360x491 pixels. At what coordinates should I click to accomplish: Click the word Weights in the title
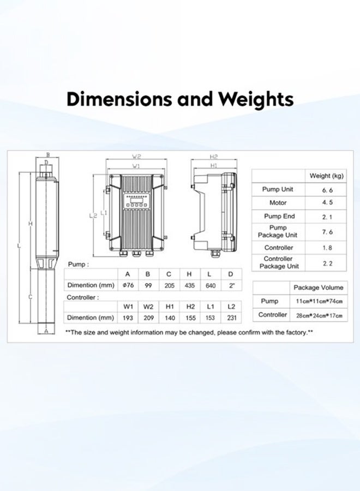click(256, 99)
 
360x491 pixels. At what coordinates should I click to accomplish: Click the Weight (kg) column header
click(327, 176)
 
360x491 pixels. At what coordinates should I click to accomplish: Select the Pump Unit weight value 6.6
click(327, 189)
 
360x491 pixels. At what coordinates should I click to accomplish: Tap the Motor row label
click(278, 203)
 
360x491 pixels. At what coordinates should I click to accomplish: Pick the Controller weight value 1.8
click(327, 247)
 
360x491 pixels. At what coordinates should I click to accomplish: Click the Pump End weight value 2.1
click(327, 217)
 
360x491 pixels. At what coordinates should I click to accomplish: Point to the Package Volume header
click(319, 287)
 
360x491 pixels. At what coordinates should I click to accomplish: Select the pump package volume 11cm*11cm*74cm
click(319, 301)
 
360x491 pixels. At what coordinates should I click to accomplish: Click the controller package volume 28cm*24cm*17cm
click(319, 315)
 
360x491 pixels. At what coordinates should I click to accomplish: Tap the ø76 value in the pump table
click(128, 286)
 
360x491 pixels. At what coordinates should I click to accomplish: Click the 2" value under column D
click(231, 286)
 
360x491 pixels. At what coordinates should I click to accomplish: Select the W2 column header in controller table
click(148, 307)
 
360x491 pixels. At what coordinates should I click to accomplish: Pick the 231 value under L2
click(231, 318)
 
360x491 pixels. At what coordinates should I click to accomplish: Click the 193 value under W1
click(128, 318)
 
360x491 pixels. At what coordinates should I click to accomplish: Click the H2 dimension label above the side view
click(214, 157)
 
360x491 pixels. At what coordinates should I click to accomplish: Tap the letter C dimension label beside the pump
click(30, 297)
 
